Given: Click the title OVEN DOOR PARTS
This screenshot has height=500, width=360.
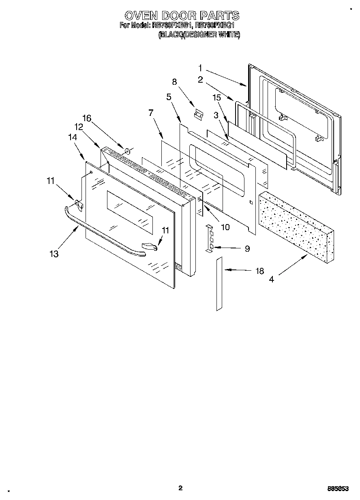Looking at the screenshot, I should [182, 16].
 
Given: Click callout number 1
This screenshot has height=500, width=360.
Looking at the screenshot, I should [200, 67].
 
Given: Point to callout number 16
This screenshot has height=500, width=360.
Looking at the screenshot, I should [86, 118].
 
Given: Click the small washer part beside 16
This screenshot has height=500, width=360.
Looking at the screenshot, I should [127, 151].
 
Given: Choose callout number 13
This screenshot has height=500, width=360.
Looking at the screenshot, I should [54, 254].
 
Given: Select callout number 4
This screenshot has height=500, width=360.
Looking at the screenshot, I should [271, 279].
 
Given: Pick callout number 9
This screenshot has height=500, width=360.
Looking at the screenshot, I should [247, 249].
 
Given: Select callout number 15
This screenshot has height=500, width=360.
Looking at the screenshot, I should [216, 98].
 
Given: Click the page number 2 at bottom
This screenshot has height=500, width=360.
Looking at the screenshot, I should [180, 488].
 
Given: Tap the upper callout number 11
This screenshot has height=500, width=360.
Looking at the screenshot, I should [50, 181].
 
